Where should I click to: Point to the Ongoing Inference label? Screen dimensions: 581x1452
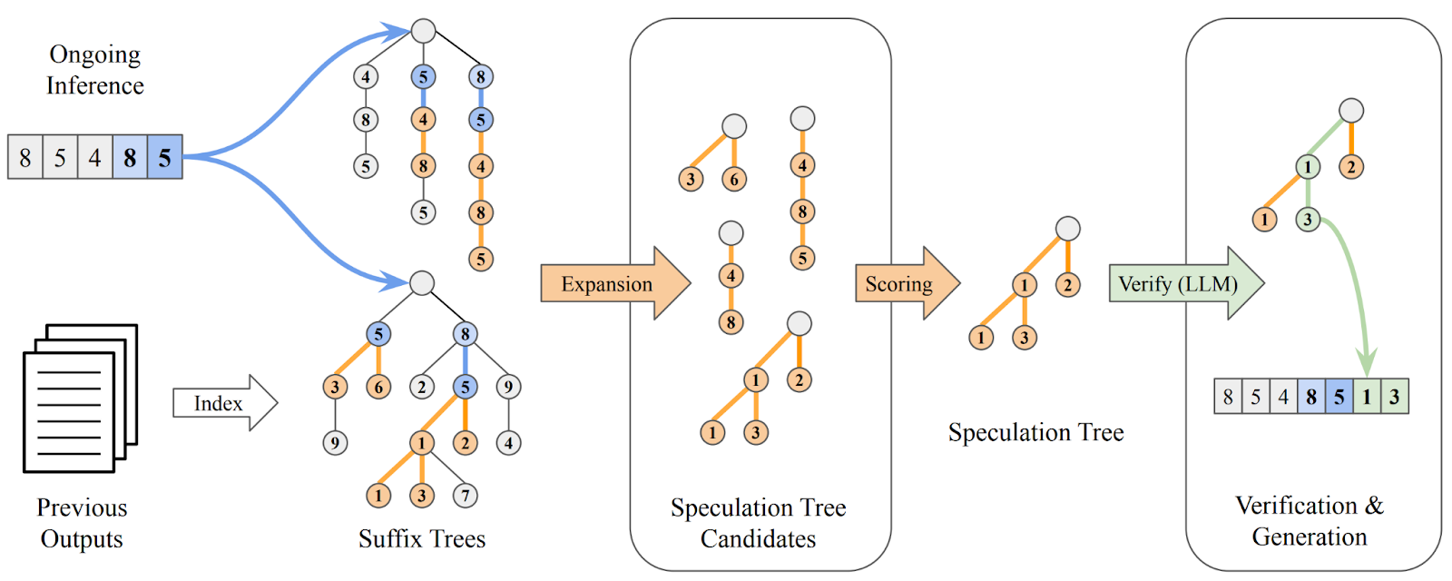[x=94, y=70]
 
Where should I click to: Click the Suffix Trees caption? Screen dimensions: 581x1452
[x=422, y=539]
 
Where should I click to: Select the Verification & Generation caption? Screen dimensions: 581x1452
[x=1310, y=521]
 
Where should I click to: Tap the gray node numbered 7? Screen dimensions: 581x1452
[x=466, y=496]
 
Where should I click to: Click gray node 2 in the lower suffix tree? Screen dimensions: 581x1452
[x=421, y=388]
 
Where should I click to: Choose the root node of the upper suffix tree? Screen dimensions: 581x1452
[x=423, y=31]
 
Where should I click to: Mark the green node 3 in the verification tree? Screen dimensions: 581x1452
[x=1308, y=219]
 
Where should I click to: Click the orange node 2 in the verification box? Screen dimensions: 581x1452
[x=1351, y=166]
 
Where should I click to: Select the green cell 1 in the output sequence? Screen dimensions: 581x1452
[x=1367, y=397]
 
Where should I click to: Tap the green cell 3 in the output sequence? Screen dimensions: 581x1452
[x=1395, y=397]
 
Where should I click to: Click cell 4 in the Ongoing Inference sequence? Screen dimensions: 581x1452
[x=94, y=157]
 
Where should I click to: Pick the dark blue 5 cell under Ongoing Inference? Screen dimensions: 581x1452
[x=164, y=157]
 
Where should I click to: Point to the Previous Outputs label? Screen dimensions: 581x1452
[x=82, y=523]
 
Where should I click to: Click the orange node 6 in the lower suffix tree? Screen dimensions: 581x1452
[x=378, y=388]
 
